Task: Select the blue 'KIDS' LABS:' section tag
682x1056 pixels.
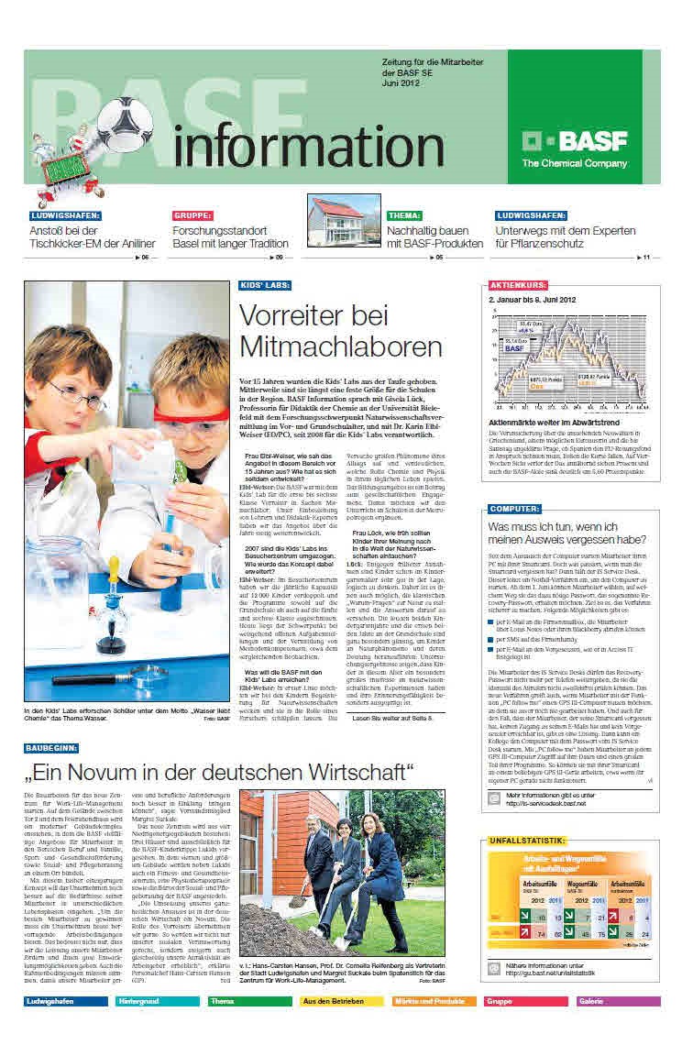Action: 265,286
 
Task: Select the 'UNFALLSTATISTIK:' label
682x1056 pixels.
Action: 526,841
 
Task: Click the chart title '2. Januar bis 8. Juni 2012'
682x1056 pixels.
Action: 532,300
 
